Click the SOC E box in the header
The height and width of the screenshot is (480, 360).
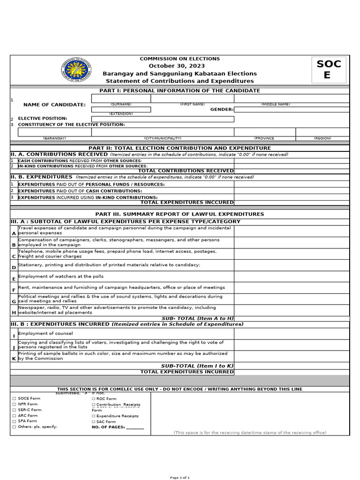point(329,69)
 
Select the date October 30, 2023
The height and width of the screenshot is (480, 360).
point(180,66)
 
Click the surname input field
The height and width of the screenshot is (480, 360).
point(121,98)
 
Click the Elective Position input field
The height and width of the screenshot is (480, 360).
point(163,119)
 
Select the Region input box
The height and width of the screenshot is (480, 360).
point(322,132)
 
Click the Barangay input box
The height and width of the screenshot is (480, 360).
point(54,132)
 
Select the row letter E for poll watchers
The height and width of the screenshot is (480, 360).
point(14,279)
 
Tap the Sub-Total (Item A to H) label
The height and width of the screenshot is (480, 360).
point(197,318)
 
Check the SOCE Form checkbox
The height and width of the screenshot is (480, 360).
point(14,398)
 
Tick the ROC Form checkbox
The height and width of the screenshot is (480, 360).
point(93,398)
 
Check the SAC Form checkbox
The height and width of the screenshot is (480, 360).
point(93,421)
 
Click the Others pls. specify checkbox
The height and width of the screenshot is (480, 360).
point(14,427)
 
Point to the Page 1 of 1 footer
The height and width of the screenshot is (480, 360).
point(180,477)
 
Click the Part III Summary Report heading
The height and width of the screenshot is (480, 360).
point(180,214)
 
